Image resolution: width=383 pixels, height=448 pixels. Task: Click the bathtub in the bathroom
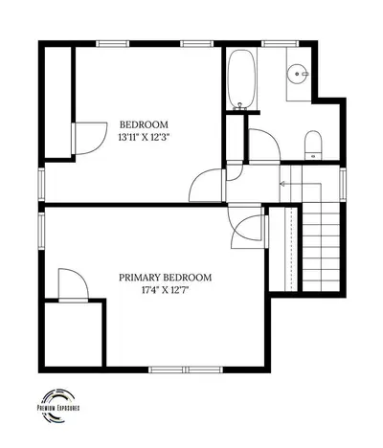point(241,78)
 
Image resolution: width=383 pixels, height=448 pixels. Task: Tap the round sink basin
point(299,74)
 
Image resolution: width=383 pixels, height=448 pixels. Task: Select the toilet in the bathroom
point(313,146)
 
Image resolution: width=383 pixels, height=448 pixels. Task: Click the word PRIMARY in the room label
point(140,278)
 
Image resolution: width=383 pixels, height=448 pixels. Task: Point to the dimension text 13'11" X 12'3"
point(144,138)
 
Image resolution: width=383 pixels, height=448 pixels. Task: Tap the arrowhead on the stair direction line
point(282,184)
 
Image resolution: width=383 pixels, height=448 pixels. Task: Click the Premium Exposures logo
point(58,406)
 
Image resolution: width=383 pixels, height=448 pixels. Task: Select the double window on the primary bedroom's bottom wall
point(186,370)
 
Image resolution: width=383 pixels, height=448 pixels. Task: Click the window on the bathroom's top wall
point(281,44)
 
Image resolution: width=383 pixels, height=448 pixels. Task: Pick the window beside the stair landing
point(343,185)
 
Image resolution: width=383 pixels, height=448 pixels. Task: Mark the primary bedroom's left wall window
point(41,231)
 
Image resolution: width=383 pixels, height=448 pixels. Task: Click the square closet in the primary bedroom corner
point(74,334)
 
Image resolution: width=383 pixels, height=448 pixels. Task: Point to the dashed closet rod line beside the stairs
point(291,249)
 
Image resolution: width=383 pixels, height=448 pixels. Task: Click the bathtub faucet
point(240,106)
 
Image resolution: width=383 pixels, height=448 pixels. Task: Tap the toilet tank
point(313,156)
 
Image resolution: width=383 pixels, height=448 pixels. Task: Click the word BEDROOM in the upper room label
point(144,124)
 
